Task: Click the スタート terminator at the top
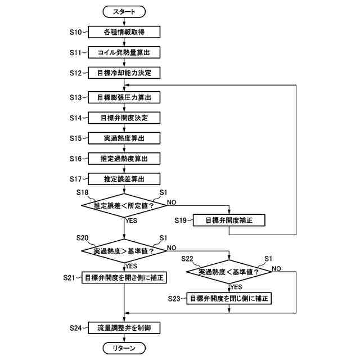point(124,12)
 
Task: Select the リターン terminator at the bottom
point(124,348)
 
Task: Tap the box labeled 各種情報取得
point(124,32)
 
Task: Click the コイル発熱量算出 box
point(124,52)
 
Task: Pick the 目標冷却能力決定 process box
point(124,73)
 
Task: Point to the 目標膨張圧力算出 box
point(124,97)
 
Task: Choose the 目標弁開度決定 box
point(124,118)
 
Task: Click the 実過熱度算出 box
point(124,138)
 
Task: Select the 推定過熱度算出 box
point(124,159)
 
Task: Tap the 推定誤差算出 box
point(124,179)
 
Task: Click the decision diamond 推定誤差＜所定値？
point(124,205)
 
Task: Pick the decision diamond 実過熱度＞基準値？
point(124,251)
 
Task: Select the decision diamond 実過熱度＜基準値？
point(229,272)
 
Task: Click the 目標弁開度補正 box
point(229,220)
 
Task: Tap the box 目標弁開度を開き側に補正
point(124,277)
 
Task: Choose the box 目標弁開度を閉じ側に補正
point(229,299)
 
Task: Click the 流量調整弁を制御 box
point(124,328)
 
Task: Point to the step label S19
point(181,220)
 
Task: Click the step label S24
point(75,328)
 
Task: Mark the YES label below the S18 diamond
point(131,220)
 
